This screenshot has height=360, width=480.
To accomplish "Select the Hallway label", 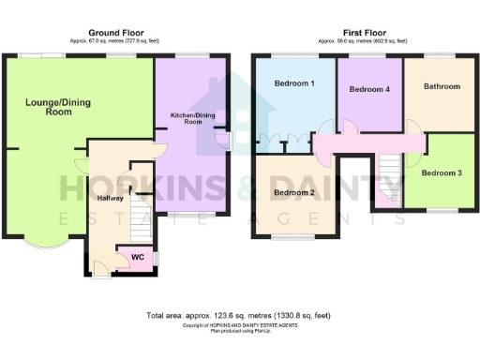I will click(x=110, y=198).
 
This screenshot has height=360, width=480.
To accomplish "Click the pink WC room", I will click(x=137, y=257).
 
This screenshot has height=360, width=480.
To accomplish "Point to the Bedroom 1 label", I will click(x=293, y=84).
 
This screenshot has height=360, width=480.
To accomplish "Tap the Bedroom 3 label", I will click(x=441, y=173).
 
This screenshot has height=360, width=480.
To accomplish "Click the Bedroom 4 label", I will click(x=368, y=90).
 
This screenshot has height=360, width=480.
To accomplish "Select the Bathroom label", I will click(x=442, y=86).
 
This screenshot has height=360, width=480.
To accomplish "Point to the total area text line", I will click(x=239, y=315).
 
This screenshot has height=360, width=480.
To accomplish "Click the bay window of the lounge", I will click(x=45, y=246).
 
